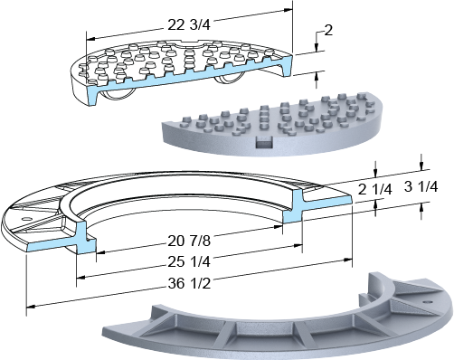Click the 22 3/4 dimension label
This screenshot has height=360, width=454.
(189, 24)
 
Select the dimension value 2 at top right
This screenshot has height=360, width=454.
(328, 30)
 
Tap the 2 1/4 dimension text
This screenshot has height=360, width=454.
(374, 190)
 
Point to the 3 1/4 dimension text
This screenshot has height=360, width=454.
(421, 187)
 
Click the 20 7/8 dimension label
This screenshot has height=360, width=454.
(189, 241)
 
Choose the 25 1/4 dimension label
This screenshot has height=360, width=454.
(189, 262)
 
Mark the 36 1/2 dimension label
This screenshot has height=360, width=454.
(189, 283)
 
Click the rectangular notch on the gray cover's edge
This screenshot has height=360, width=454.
(264, 142)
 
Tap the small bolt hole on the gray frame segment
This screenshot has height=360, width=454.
(427, 301)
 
